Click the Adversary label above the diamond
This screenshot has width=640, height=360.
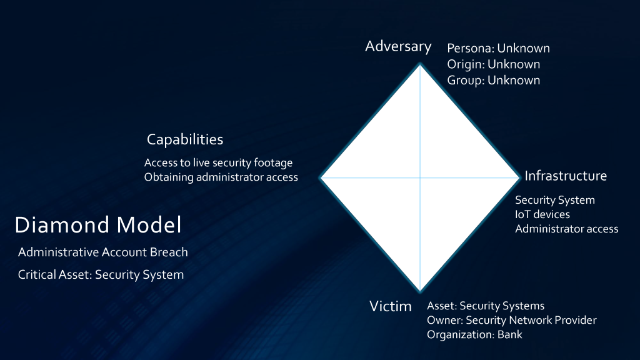coord(398,46)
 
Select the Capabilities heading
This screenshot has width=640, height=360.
coord(185,139)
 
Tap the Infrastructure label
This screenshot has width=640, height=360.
coord(565,176)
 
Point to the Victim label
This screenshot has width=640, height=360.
coord(390,306)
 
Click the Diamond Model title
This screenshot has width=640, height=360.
coord(98,225)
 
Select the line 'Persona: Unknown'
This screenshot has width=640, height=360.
coord(498,48)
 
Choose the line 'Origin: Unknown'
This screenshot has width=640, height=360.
coord(494,64)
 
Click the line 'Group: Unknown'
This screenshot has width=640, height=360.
coord(494,81)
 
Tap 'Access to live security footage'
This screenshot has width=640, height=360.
coord(218,163)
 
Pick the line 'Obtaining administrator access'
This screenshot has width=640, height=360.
coord(221,177)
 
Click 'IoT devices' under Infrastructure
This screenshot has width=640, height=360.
coord(542,214)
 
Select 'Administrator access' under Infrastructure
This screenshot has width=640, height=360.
coord(566,229)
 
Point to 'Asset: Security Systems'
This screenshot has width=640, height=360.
coord(486,306)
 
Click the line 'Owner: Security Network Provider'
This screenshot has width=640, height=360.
coord(512,320)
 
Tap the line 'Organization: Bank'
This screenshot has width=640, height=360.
coord(475,335)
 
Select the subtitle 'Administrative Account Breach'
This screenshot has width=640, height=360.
coord(103,252)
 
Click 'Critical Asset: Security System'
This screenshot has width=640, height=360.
coord(101,275)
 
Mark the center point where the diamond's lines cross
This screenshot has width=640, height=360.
coord(420,177)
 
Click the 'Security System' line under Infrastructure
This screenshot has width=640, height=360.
coord(555,200)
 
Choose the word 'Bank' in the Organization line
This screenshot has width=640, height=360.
coord(510,335)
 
